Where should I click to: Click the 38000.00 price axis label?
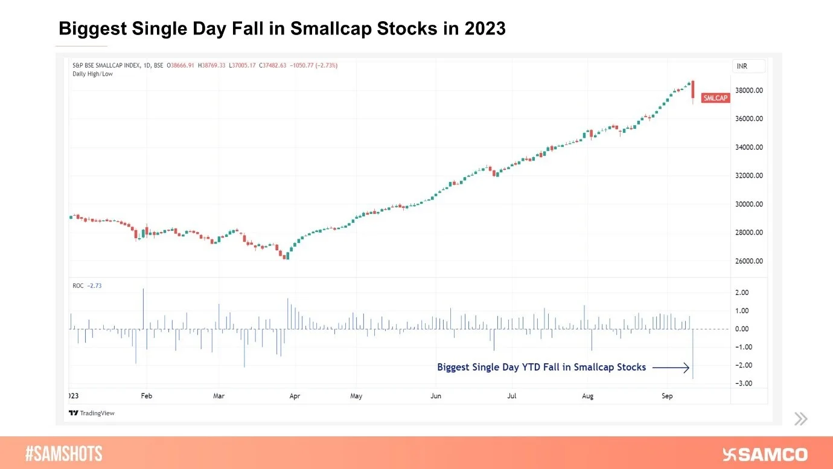(748, 91)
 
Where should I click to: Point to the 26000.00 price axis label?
(748, 261)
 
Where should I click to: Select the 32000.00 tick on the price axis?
(748, 176)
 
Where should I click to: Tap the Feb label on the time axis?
(146, 396)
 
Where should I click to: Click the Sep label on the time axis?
(667, 396)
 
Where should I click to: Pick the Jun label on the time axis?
(436, 396)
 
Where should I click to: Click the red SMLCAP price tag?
(715, 98)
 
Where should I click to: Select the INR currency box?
(748, 66)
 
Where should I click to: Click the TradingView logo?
(91, 413)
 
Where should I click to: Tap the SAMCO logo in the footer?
(765, 454)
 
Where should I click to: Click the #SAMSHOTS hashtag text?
(64, 454)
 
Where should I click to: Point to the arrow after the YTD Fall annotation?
(671, 367)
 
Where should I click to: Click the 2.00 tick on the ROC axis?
(741, 293)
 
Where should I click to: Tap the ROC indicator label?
(78, 285)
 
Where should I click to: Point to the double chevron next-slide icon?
(800, 419)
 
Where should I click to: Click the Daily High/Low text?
(92, 74)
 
